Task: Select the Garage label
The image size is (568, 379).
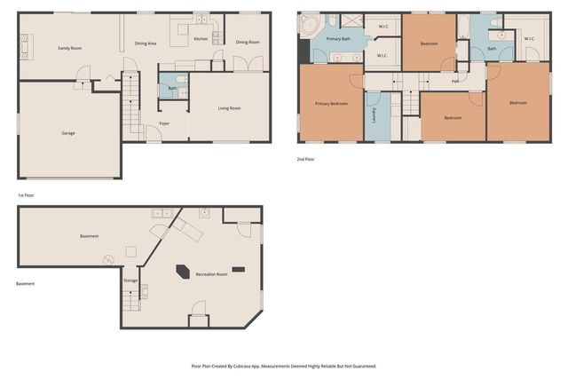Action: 67,133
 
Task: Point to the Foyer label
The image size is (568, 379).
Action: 164,123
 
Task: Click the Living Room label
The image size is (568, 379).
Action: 230,108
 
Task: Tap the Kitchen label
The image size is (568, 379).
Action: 201,39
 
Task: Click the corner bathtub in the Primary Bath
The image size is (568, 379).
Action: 308,27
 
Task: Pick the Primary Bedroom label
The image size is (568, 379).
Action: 331,104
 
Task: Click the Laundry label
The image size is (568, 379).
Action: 375,114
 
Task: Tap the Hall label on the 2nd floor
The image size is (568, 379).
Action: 454,81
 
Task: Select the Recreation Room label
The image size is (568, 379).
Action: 211,274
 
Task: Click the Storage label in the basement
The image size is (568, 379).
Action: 130,280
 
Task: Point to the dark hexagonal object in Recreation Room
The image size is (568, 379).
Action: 184,272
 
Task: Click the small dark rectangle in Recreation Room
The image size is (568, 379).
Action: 238,268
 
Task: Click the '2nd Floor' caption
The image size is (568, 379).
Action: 305,160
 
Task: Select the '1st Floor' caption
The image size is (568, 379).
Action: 27,194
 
